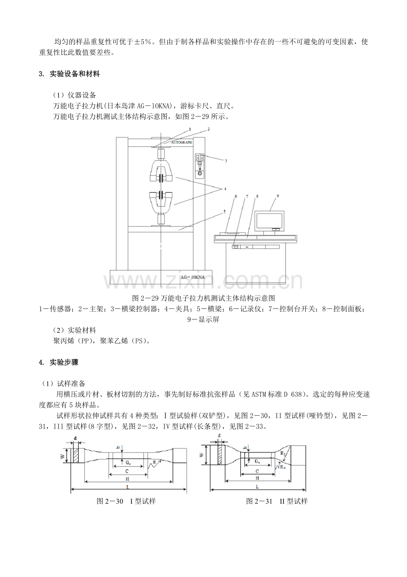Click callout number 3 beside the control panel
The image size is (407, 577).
pos(225,162)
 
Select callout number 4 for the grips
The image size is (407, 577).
pos(225,189)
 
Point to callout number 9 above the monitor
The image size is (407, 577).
pos(278,195)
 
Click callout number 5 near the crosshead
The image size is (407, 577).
pos(224,212)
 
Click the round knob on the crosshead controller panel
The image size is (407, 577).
pos(200,173)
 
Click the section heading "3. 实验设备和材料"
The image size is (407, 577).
pos(70,74)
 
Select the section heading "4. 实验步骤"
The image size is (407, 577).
pos(59,362)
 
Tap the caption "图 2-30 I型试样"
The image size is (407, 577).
pos(126,501)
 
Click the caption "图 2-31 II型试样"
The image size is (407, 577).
pos(276,501)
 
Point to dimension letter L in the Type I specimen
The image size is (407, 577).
pos(128,486)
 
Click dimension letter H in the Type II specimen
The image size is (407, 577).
pos(257,478)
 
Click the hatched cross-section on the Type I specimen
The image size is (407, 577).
pos(77,456)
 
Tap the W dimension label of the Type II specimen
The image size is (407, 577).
pos(202,455)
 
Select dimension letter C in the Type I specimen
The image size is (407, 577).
pos(127,470)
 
